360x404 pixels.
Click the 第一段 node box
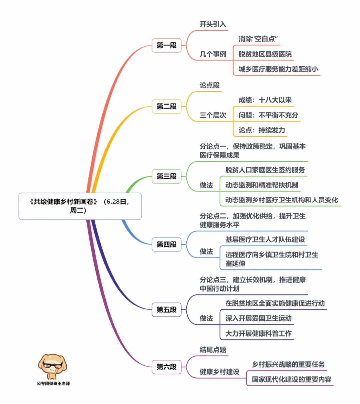tap(166, 45)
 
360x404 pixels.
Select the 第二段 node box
tap(166, 106)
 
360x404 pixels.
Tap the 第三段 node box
tap(166, 176)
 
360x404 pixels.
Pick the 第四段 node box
tap(166, 244)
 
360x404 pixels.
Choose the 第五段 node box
tap(166, 310)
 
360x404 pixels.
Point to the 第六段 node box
tap(166, 367)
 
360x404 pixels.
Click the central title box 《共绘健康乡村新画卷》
tap(80, 206)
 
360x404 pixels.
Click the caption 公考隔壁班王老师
tap(53, 383)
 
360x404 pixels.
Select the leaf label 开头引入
tap(213, 24)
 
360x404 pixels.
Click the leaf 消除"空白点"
tap(258, 39)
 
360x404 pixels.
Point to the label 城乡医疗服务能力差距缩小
tap(278, 69)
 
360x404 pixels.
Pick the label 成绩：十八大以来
tap(265, 100)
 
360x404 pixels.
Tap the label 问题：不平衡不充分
tap(268, 115)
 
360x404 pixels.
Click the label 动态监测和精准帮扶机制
tap(262, 185)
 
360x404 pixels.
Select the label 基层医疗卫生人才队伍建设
tap(265, 239)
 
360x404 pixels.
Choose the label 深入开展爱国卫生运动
tap(258, 318)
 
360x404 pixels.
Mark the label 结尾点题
tap(213, 350)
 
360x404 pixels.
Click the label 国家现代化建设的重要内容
tap(292, 379)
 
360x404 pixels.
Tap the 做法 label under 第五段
tap(206, 318)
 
